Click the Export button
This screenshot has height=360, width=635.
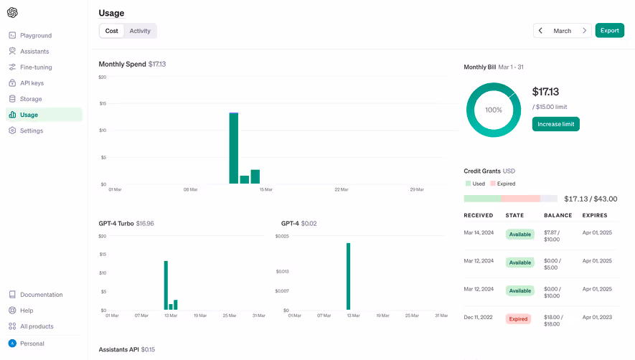click(x=609, y=31)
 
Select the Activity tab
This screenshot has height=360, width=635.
click(x=140, y=31)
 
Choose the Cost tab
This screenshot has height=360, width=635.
click(x=111, y=31)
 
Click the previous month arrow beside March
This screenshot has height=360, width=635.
click(x=541, y=31)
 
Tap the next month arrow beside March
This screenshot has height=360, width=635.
click(x=584, y=31)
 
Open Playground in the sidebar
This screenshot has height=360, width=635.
click(x=36, y=35)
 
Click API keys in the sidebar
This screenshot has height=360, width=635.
click(x=32, y=83)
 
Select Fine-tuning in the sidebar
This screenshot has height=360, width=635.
click(x=36, y=67)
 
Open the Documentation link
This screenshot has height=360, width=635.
click(x=41, y=295)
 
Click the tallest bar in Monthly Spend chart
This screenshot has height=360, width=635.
click(x=233, y=148)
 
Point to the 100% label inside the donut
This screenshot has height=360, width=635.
click(x=494, y=110)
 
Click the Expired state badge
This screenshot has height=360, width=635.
click(x=518, y=318)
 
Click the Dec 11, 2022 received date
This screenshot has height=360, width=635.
click(x=479, y=317)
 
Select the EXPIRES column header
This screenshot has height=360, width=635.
click(x=595, y=215)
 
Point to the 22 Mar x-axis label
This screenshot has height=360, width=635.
click(x=341, y=190)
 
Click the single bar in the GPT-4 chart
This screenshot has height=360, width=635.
click(x=348, y=276)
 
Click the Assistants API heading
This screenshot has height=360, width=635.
click(x=126, y=349)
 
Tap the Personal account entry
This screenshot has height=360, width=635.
click(x=32, y=344)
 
